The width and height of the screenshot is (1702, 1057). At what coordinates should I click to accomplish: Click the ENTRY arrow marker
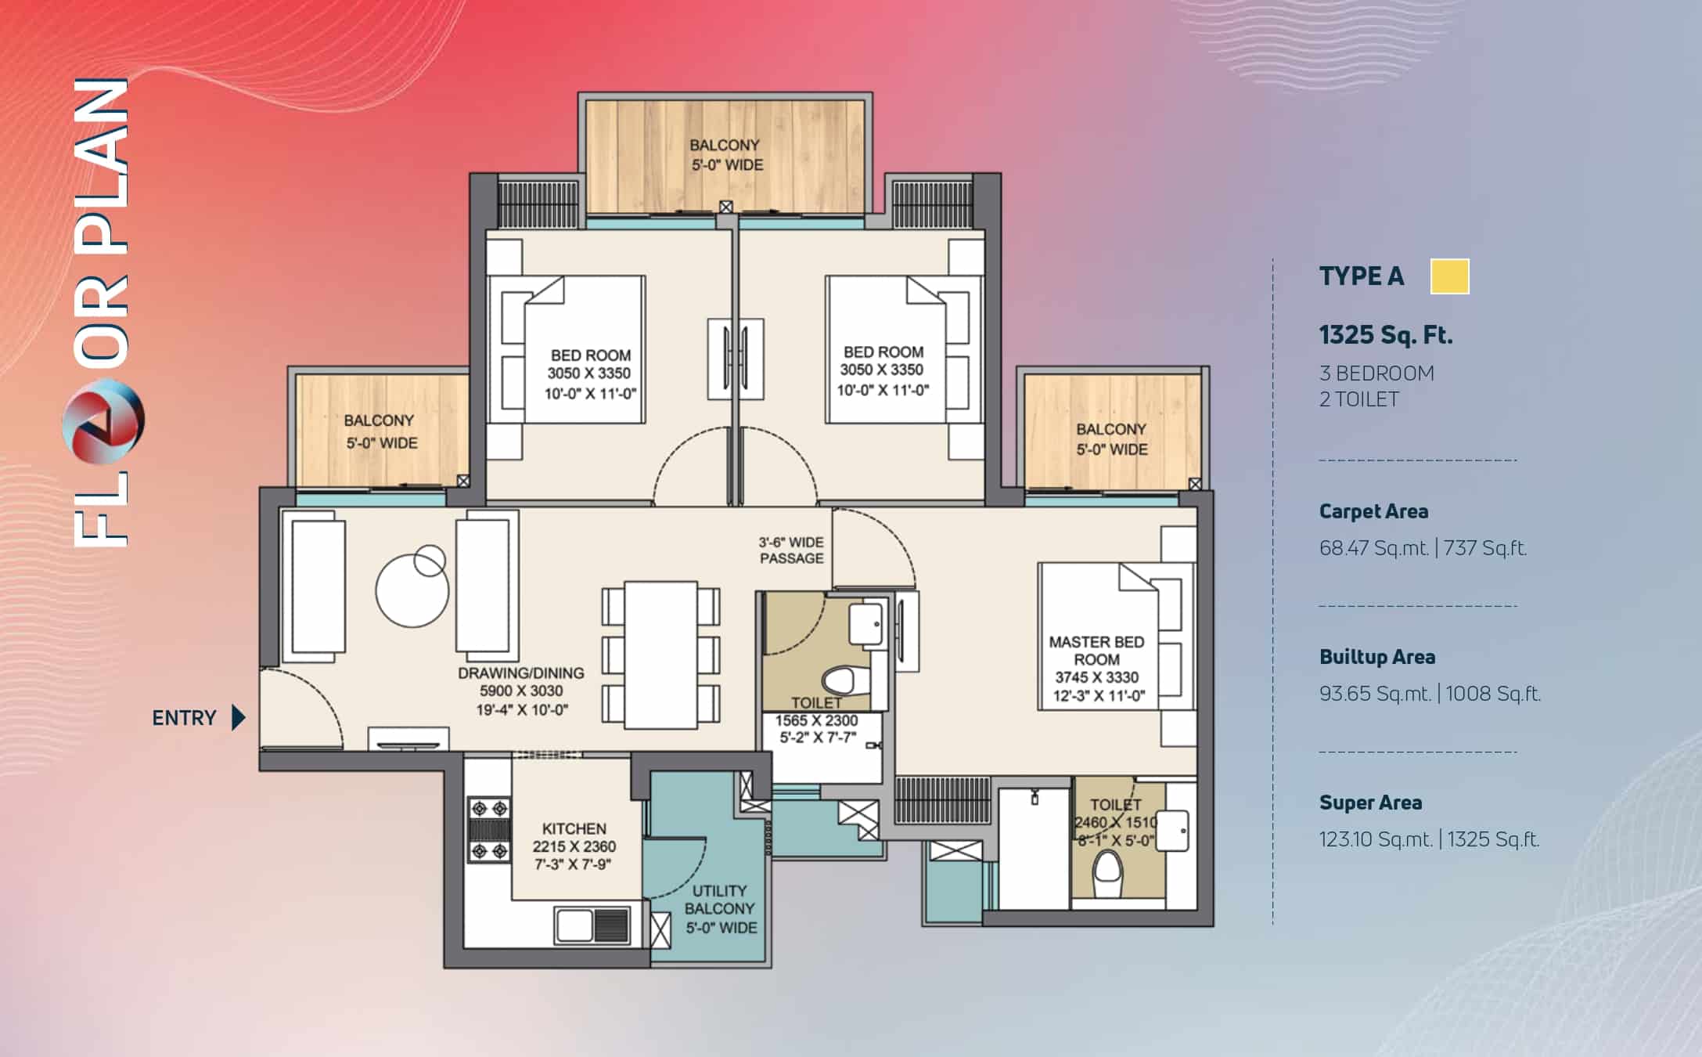pos(239,717)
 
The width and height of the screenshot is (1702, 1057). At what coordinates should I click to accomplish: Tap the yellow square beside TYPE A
pos(1449,276)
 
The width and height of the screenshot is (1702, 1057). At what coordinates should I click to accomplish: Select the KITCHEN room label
pos(574,828)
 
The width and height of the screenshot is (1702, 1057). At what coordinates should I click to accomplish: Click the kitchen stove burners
pos(489,829)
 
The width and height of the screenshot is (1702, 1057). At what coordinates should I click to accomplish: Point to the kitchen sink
pos(592,925)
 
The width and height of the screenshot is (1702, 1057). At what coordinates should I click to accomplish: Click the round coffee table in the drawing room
pos(412,590)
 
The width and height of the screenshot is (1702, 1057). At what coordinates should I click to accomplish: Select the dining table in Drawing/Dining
pos(661,655)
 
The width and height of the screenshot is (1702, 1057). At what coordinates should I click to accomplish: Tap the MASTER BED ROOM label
pos(1096,651)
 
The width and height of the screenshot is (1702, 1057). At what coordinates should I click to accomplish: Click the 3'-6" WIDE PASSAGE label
pos(791,550)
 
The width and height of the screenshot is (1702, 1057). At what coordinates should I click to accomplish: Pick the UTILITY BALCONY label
pos(720,900)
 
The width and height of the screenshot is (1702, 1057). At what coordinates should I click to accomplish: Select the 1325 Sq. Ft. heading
pos(1386,335)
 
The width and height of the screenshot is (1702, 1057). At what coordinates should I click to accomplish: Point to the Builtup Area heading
pos(1377,657)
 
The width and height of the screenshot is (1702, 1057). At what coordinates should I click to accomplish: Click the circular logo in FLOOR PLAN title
pos(103,420)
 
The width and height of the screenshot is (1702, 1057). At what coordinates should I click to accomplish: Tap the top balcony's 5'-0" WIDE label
pos(727,165)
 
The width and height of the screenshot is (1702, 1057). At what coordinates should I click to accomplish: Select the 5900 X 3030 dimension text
pos(521,691)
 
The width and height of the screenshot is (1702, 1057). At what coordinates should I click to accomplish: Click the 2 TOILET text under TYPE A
pos(1359,399)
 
